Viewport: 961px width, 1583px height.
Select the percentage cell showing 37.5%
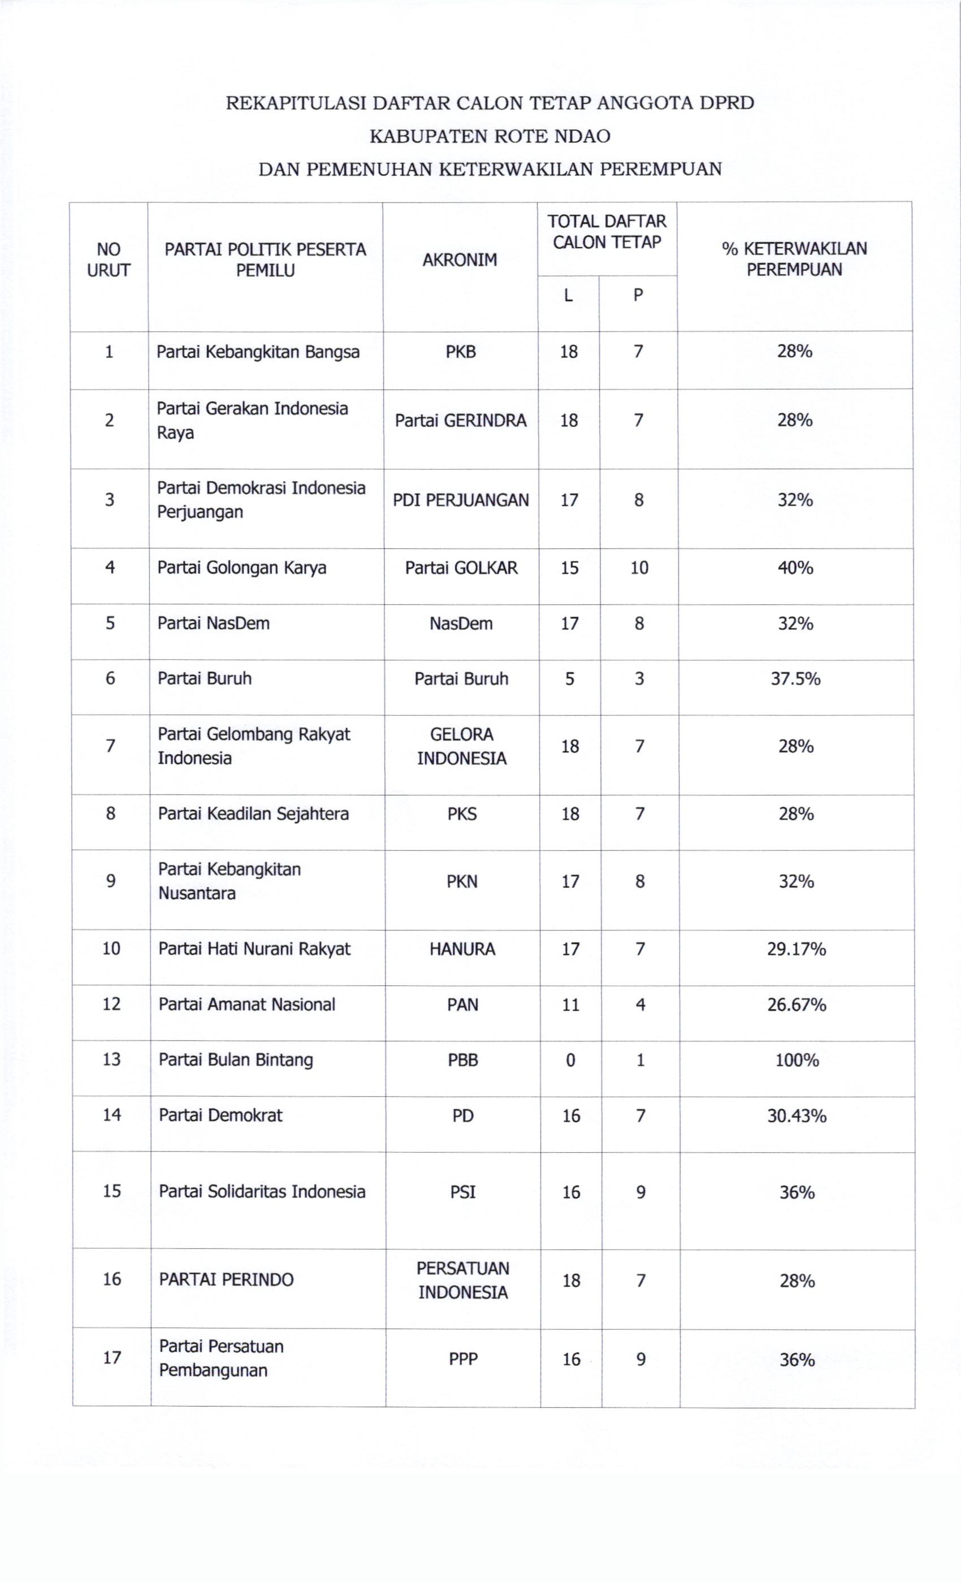(x=795, y=678)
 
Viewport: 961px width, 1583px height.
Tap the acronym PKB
(x=461, y=352)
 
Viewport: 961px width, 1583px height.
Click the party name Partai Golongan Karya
(x=241, y=568)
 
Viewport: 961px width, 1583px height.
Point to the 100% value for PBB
(x=796, y=1060)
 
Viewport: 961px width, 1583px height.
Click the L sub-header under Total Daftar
(x=568, y=296)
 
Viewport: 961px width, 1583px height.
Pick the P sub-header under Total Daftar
(x=638, y=296)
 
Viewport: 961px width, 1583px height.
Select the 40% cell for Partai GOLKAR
(x=795, y=568)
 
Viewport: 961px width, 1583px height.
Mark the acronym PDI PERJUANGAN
(x=461, y=500)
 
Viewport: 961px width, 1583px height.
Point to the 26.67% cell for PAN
(x=796, y=1004)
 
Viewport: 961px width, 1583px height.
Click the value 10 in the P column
(x=639, y=568)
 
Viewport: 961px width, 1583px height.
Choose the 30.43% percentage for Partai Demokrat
(x=796, y=1116)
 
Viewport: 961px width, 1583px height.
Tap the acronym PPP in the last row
(x=462, y=1360)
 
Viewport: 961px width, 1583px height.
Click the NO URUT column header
(x=109, y=259)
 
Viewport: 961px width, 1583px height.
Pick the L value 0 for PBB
(x=570, y=1060)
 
